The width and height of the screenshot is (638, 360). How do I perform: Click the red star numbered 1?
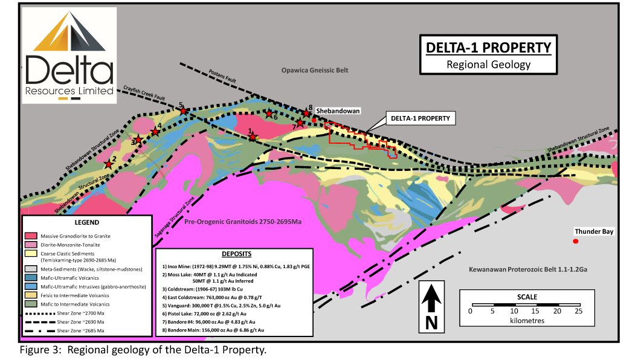tap(253, 137)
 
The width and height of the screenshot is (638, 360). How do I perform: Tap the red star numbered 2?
tap(109, 164)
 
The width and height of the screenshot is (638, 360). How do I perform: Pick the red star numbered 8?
tap(307, 113)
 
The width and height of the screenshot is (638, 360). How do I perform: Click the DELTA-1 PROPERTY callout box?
tap(420, 118)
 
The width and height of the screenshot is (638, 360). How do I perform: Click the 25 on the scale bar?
tap(578, 311)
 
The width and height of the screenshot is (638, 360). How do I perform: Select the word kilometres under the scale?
tap(524, 321)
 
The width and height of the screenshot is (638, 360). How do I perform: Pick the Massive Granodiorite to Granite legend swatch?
tap(33, 234)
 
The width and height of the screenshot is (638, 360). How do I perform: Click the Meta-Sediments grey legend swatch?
tap(33, 268)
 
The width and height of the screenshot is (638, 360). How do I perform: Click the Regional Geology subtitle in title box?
tap(488, 65)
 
